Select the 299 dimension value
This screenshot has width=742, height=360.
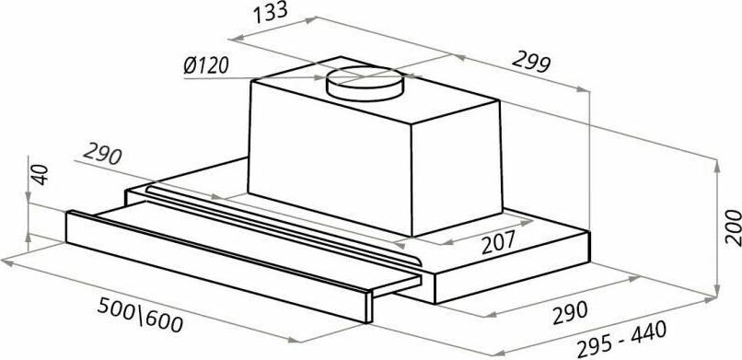(x=531, y=61)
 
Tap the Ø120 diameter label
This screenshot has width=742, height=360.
(x=206, y=65)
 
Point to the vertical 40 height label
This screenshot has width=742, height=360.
(x=41, y=174)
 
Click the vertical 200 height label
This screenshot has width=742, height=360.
(x=733, y=227)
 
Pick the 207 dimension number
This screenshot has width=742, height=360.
(x=498, y=243)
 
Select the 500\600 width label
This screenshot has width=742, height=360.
(x=140, y=315)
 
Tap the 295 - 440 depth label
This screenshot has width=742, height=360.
(x=621, y=339)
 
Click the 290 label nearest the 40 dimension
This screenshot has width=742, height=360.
(x=103, y=155)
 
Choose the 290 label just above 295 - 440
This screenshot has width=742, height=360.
(x=570, y=312)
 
